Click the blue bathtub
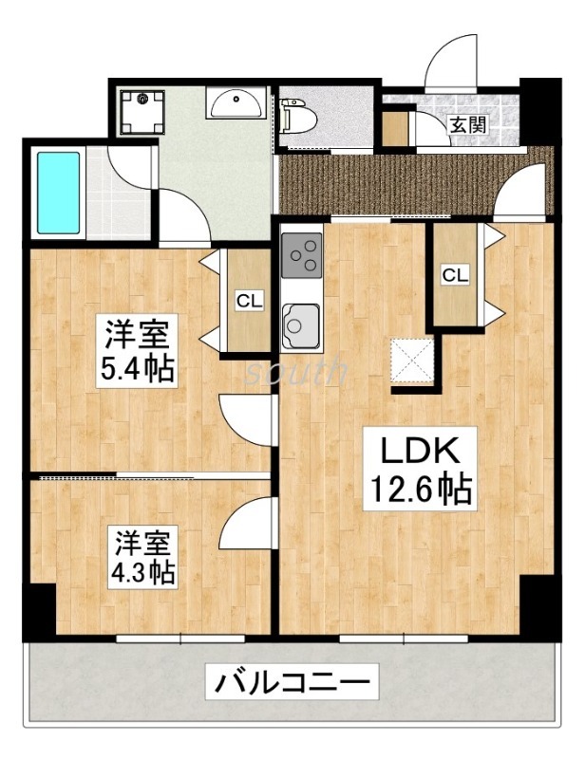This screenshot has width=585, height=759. pos(58,192)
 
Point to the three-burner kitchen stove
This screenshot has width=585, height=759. pos(302,253)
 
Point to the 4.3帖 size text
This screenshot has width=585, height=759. pos(143,573)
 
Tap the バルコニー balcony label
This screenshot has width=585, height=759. pos(290,681)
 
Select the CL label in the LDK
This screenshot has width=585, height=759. pos(454,275)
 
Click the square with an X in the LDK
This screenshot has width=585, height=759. pos(414,361)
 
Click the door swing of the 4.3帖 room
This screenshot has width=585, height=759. pos(249,524)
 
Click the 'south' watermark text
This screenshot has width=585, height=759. pos(296,372)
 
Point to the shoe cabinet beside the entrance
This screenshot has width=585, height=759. pos(393,127)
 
